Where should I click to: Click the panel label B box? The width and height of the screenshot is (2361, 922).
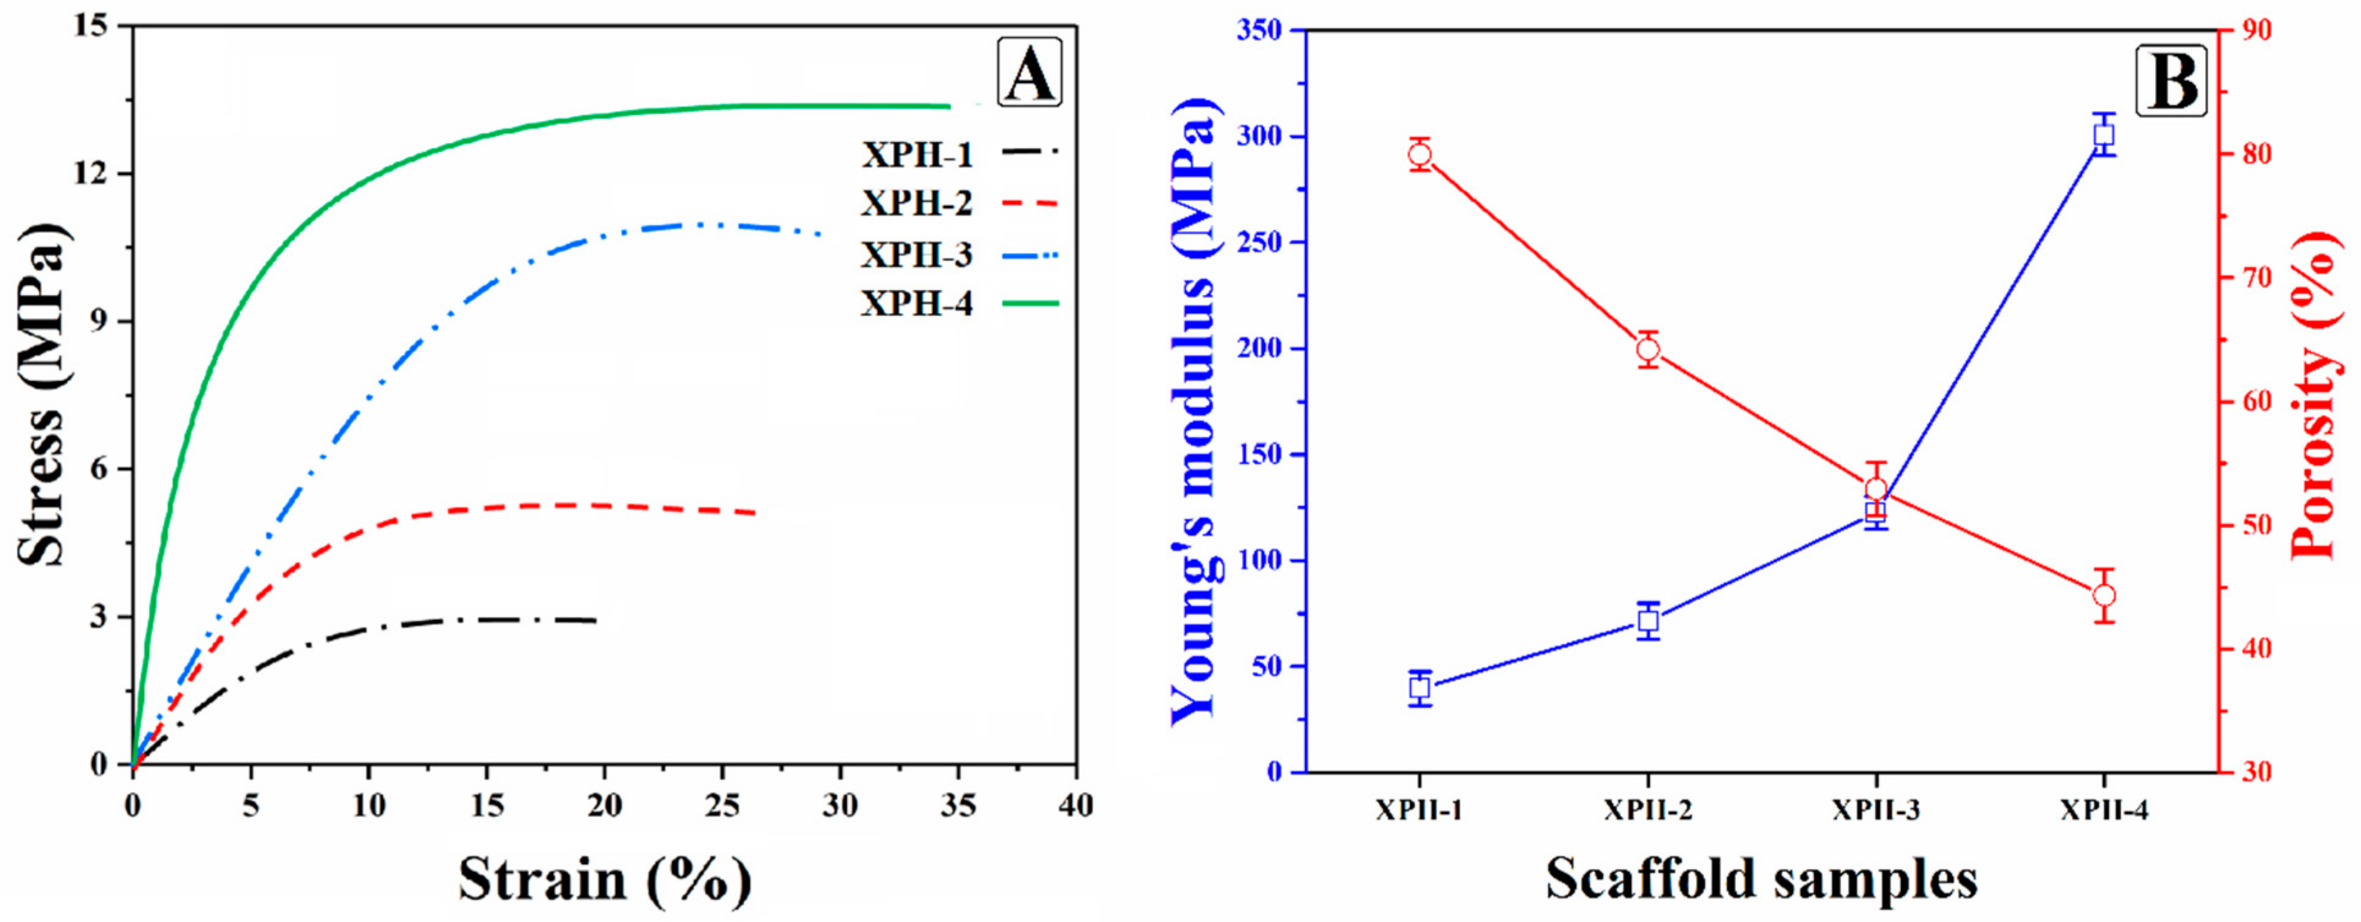tap(2171, 81)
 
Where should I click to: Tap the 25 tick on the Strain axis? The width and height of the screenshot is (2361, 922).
tap(722, 806)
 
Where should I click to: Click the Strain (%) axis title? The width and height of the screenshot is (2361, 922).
tap(605, 879)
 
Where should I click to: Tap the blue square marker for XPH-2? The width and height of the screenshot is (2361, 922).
tap(1648, 620)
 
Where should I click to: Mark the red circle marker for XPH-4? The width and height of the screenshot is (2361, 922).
tap(2105, 596)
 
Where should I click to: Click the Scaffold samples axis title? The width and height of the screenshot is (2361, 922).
tap(1761, 879)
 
